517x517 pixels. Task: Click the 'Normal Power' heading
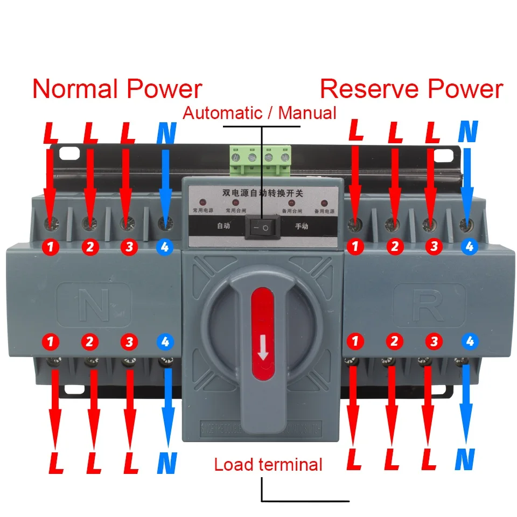coord(117,89)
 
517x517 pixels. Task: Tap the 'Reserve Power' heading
coord(411,89)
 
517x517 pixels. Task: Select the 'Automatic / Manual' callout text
coord(260,113)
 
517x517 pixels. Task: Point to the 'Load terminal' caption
coord(268,464)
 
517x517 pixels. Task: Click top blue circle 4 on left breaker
coord(165,247)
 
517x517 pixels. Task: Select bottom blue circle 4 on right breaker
coord(470,341)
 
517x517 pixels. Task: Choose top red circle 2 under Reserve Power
coord(394,247)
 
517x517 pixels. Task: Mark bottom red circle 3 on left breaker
coord(128,341)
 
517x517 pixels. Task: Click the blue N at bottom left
coord(167,463)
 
